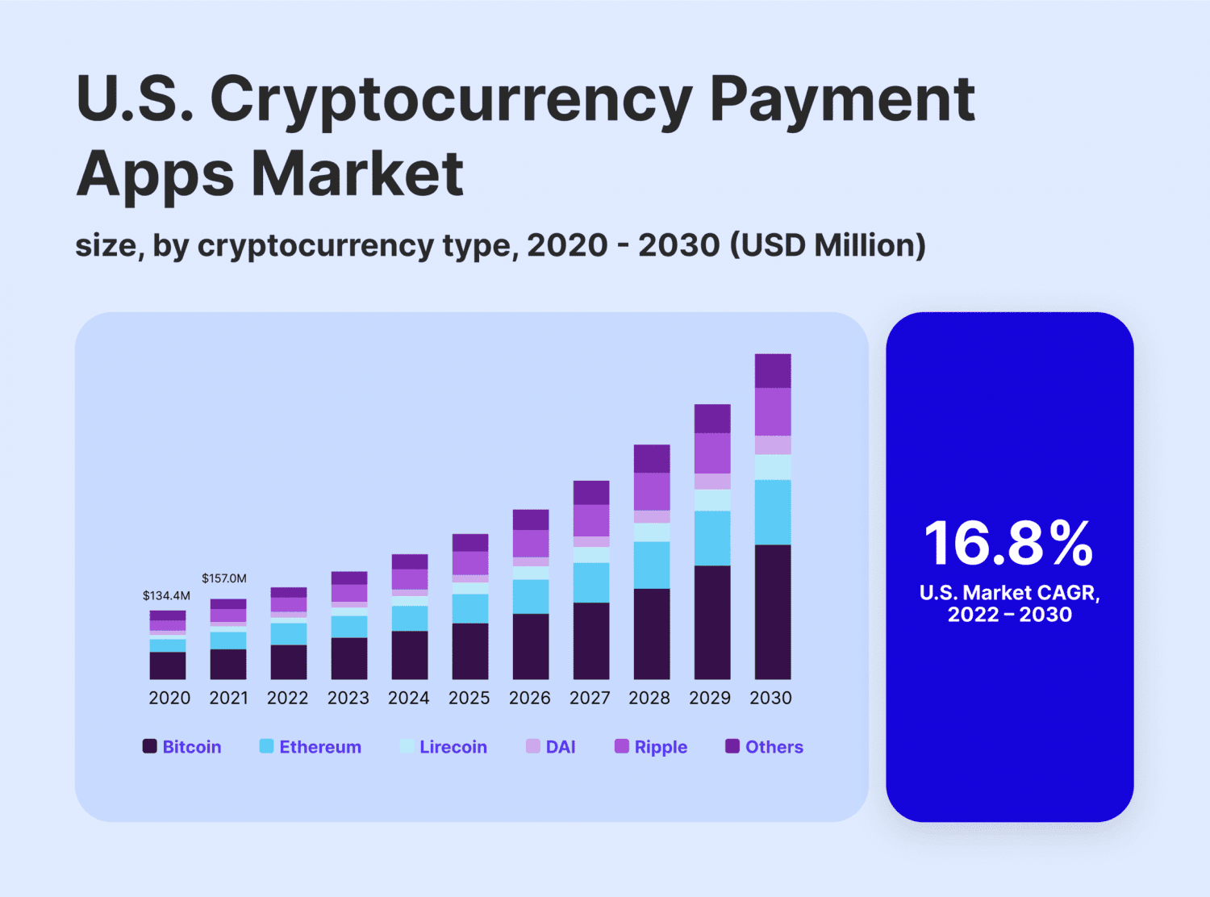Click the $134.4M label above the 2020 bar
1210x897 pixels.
coord(166,596)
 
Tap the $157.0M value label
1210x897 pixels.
coord(224,578)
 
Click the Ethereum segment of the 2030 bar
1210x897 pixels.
coord(773,512)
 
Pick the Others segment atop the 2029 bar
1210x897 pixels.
coord(712,419)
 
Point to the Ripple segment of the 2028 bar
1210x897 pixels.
coord(652,491)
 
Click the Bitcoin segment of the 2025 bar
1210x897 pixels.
coord(470,651)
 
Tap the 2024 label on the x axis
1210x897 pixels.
coord(408,698)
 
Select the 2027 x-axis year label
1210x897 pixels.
coord(590,698)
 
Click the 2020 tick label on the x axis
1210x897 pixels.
coord(169,698)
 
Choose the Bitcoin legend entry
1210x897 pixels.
coord(182,747)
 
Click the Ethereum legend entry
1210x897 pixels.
coord(311,747)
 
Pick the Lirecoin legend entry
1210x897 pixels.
coord(444,747)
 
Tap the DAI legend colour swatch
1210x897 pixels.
coord(532,746)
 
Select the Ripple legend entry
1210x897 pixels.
coord(651,747)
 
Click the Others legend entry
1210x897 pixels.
coord(764,747)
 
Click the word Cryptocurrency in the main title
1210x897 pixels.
coord(451,100)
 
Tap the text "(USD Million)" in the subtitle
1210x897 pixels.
coord(828,245)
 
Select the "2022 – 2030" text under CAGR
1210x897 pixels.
coord(1009,615)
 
